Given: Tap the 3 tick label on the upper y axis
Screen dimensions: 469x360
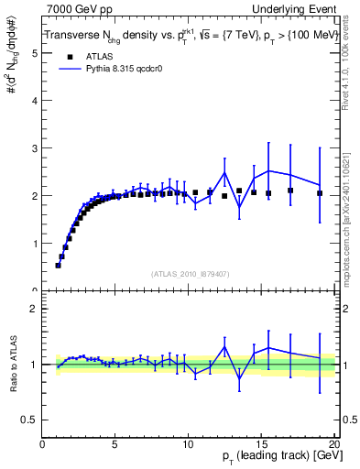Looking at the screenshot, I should pyautogui.click(x=35, y=147).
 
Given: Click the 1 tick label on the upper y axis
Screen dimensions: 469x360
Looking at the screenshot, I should pyautogui.click(x=35, y=244).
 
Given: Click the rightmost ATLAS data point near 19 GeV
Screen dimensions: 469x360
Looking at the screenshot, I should pyautogui.click(x=320, y=193).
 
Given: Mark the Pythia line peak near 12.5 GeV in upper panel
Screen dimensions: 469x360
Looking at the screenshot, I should pyautogui.click(x=224, y=172).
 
